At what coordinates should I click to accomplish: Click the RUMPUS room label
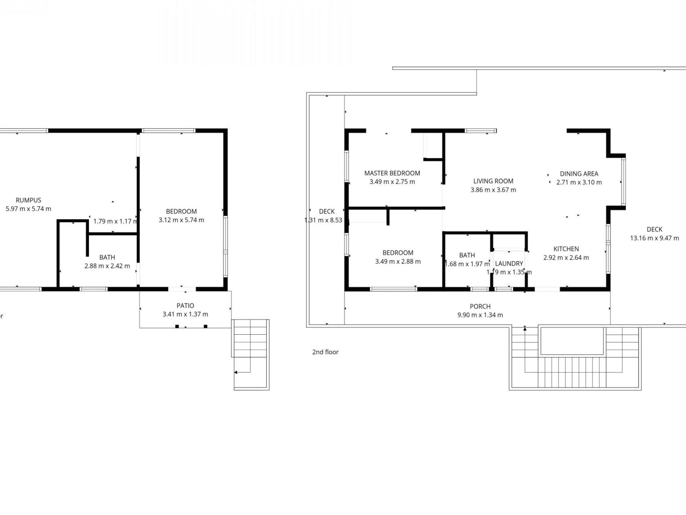pos(28,200)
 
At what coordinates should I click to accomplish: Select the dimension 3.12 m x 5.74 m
pos(181,220)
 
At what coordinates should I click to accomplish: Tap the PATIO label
pos(185,306)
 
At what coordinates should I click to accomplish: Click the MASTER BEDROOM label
pos(392,173)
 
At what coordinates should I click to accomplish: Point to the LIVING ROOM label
pos(493,181)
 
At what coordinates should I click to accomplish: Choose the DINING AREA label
pos(579,174)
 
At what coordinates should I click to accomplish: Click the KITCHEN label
pos(566,249)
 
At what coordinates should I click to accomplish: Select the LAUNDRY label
pos(509,264)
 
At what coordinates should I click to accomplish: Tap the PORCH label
pos(480,306)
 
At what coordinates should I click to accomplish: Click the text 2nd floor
pos(325,352)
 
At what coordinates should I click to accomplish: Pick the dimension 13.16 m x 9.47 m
pos(654,238)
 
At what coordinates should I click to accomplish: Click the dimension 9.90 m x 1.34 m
pos(480,315)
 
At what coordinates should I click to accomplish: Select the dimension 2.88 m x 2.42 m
pos(107,266)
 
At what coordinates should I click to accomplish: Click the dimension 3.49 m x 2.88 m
pos(398,261)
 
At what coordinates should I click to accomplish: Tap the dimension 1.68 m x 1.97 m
pos(467,264)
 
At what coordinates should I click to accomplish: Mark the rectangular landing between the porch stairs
pos(572,340)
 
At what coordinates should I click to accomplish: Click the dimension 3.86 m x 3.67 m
pos(493,190)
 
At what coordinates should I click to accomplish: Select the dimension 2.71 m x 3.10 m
pos(579,182)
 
